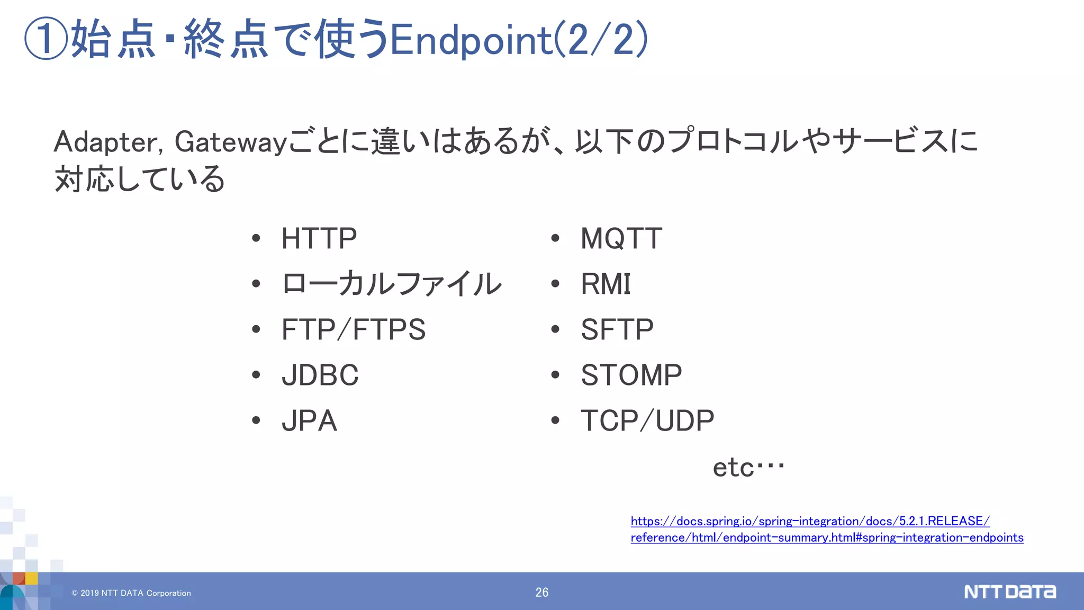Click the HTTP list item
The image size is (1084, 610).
pos(319,238)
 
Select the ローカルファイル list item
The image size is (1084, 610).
pos(391,284)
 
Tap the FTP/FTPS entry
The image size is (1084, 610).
pos(353,329)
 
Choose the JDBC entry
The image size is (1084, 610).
pos(320,375)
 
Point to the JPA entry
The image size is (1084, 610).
pos(309,421)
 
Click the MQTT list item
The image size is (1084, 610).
pos(621,238)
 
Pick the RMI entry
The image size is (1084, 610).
pos(606,284)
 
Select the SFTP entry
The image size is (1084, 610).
pos(617,329)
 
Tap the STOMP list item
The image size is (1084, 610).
pos(631,375)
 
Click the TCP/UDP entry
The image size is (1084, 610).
pos(647,421)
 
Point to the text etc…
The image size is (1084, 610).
pos(748,467)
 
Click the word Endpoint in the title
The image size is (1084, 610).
pos(471,40)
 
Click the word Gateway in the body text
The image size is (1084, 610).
pos(231,142)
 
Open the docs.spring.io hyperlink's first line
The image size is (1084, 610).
pos(810,521)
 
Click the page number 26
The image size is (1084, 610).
pos(541,593)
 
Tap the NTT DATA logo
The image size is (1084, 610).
pos(1009,591)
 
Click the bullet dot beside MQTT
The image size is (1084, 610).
pos(555,238)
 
